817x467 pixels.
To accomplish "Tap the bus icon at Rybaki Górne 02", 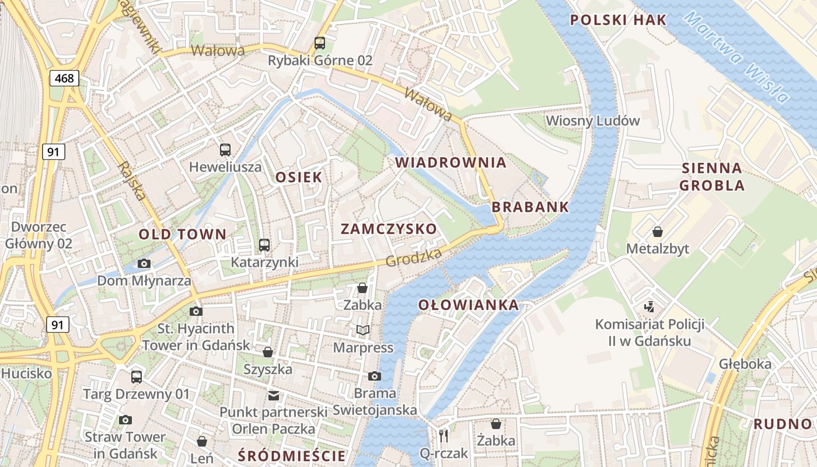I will (319, 43).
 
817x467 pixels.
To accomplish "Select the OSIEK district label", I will (298, 177).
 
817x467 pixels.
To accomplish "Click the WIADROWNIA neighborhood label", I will (451, 163).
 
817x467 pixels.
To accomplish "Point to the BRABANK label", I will (530, 207).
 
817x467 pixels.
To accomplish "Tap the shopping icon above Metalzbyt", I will (658, 232).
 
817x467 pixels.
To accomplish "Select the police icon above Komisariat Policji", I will (649, 306).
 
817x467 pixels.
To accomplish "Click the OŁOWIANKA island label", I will (469, 305).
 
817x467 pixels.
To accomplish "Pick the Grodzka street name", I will (413, 257).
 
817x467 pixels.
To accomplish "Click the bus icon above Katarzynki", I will (264, 245).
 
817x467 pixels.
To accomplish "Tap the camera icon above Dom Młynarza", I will (144, 263).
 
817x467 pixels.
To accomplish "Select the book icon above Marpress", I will (363, 330).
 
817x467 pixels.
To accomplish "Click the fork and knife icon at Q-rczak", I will (444, 435).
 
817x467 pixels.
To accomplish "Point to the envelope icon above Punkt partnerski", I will (273, 395).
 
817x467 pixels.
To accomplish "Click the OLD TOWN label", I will (182, 235).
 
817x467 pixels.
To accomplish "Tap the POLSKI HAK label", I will (618, 20).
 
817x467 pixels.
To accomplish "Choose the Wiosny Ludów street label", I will (593, 121).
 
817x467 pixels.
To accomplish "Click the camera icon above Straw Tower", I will (125, 420).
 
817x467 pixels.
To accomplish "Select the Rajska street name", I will (132, 181).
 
